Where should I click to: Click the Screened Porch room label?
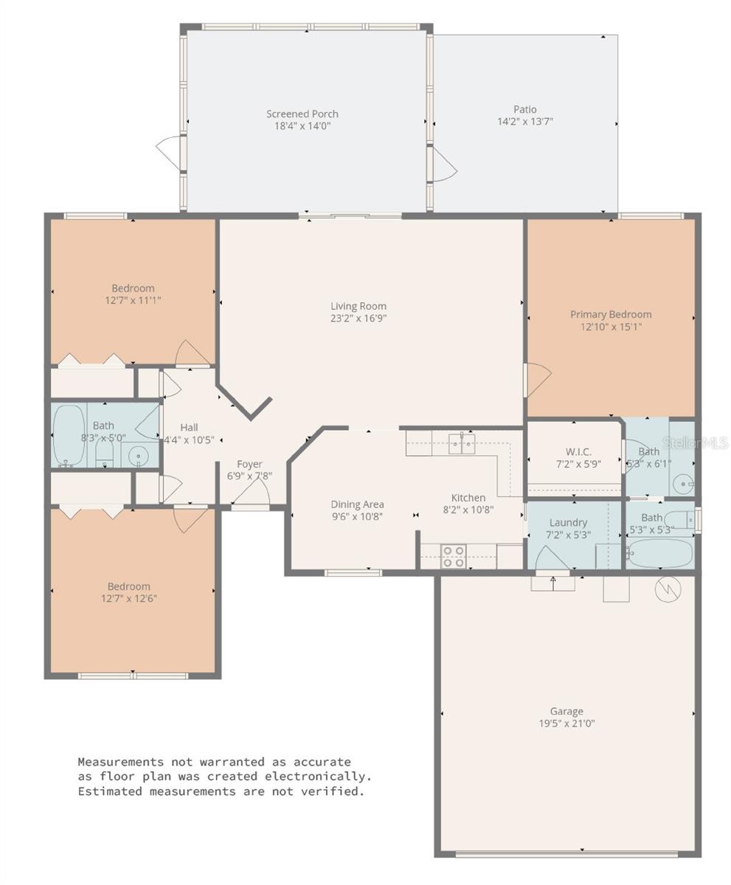[302, 114]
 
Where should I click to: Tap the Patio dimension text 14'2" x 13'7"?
[525, 122]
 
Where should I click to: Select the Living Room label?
[358, 306]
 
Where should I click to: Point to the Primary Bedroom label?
[611, 314]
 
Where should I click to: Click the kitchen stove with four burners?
[453, 557]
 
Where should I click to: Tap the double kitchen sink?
[461, 443]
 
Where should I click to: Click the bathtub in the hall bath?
[69, 435]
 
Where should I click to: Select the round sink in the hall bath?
[138, 456]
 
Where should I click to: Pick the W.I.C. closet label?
[578, 452]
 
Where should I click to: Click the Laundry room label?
[568, 523]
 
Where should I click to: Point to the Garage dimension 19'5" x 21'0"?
[567, 723]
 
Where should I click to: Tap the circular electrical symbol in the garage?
[668, 589]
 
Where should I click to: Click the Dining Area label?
[357, 504]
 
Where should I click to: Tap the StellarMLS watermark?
[695, 443]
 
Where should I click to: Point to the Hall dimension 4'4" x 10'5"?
[189, 440]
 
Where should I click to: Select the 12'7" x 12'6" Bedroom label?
[129, 592]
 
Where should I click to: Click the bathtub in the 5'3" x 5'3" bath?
[659, 553]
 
